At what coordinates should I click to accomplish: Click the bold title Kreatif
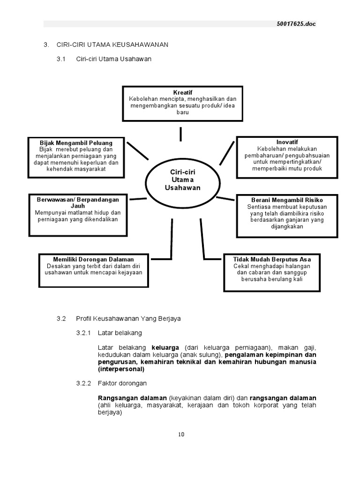[182, 92]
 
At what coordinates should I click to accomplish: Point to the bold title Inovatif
[287, 142]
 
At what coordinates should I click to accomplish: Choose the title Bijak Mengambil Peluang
[76, 142]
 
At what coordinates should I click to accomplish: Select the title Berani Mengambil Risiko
[287, 200]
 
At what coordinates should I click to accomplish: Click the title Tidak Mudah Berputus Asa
[272, 259]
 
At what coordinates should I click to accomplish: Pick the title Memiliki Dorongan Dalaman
[93, 259]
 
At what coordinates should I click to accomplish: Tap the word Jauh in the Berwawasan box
[78, 206]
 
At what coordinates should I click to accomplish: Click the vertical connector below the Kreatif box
[180, 134]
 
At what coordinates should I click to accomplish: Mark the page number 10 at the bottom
[181, 434]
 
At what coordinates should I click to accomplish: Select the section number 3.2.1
[84, 333]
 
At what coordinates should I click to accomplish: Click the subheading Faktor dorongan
[122, 383]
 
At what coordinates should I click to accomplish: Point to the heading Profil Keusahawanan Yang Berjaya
[128, 318]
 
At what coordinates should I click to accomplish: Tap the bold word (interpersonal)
[121, 369]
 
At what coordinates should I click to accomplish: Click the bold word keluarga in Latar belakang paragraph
[165, 348]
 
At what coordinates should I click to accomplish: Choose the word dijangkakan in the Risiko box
[286, 226]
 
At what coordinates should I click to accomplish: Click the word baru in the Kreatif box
[182, 112]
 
